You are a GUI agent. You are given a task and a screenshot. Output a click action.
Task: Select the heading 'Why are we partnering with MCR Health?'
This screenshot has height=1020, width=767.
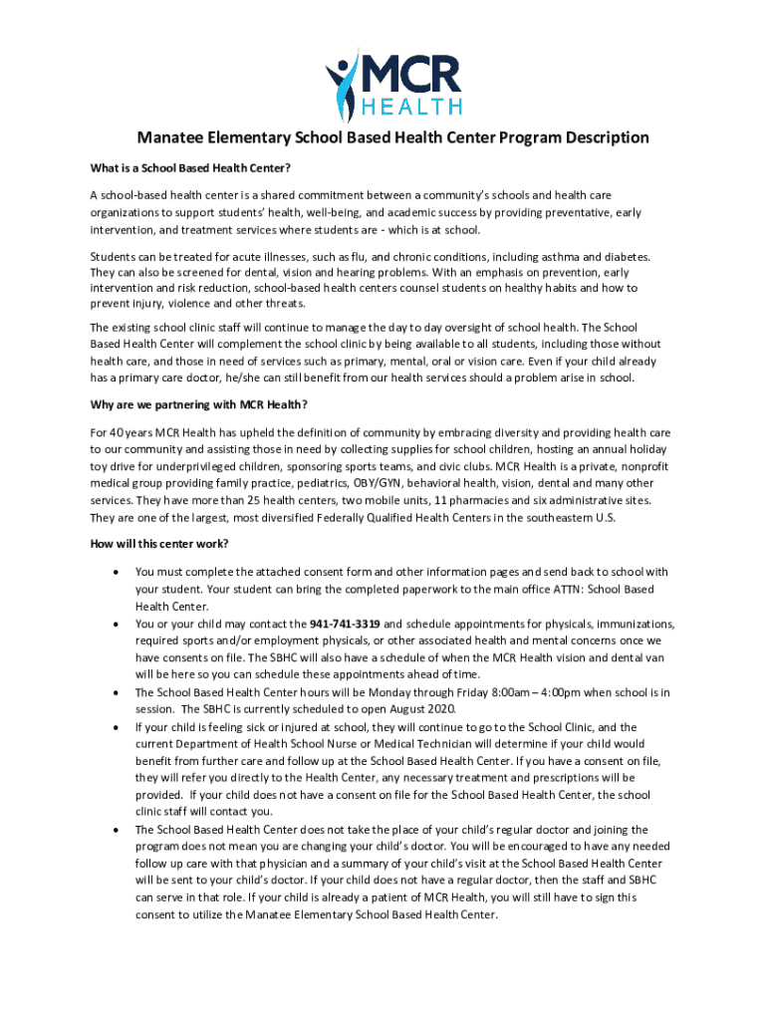pos(199,404)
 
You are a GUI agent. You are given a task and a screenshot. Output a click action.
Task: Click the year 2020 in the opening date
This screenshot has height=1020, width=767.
pos(439,709)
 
